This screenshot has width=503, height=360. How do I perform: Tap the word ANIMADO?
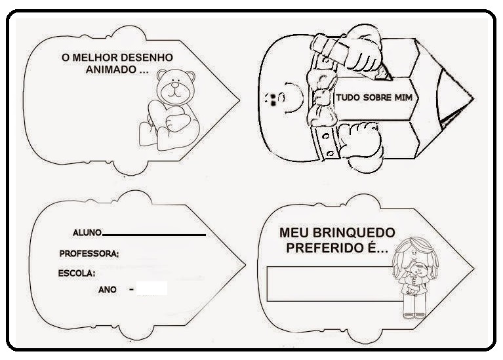click(111, 70)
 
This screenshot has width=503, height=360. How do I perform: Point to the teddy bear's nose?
click(175, 85)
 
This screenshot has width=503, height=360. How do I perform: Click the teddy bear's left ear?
click(161, 75)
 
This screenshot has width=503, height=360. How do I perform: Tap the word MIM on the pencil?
click(403, 97)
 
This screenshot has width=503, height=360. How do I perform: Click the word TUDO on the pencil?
click(348, 97)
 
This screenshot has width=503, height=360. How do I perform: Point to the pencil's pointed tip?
click(473, 99)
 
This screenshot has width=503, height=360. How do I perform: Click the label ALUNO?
click(87, 233)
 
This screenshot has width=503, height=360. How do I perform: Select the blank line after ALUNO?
click(154, 235)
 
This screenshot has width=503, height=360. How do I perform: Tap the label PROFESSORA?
click(89, 254)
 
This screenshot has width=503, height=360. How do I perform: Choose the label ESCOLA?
click(77, 273)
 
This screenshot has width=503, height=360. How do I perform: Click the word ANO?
click(108, 290)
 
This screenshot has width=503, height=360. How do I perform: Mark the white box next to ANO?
click(151, 288)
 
